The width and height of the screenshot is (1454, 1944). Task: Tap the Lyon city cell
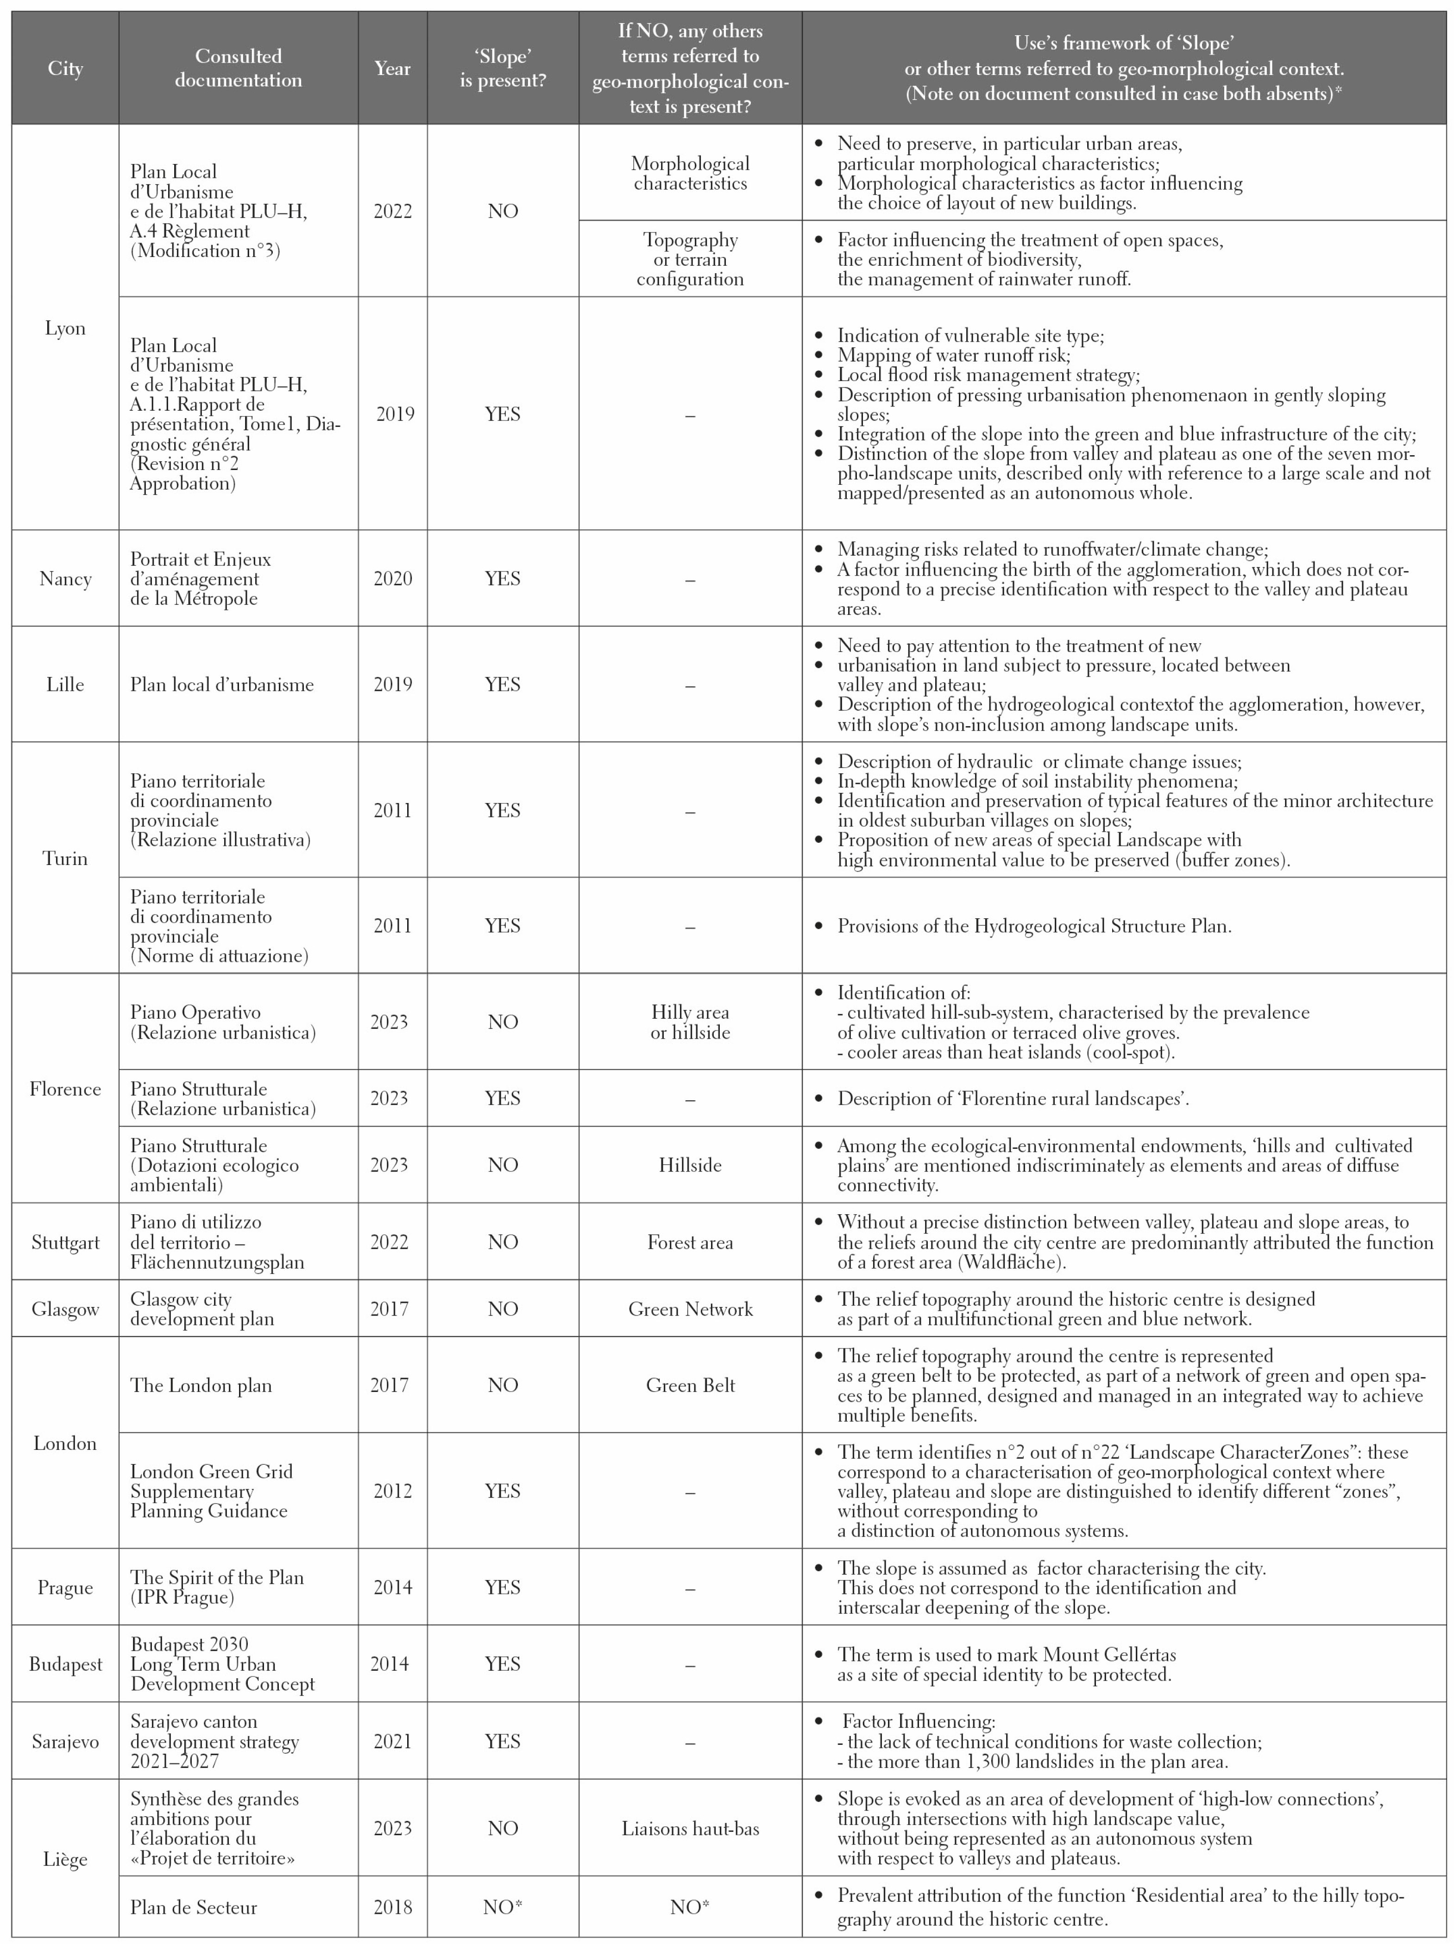(x=65, y=328)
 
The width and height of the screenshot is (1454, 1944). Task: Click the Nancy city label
(x=65, y=578)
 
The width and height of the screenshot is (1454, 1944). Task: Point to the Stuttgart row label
(x=65, y=1242)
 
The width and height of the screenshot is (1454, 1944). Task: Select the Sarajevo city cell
(x=65, y=1741)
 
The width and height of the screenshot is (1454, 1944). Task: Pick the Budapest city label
(x=65, y=1664)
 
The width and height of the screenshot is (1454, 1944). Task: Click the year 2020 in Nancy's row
(x=392, y=578)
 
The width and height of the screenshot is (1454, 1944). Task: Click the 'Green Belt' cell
(x=690, y=1385)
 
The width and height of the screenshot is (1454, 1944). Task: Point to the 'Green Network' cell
(x=690, y=1309)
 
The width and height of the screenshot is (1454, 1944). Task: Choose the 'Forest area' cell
(x=690, y=1242)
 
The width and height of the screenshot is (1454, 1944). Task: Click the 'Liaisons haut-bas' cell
(x=690, y=1828)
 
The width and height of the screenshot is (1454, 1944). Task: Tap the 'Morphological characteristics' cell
(x=690, y=173)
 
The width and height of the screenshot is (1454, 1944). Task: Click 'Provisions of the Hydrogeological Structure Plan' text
(x=1034, y=925)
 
